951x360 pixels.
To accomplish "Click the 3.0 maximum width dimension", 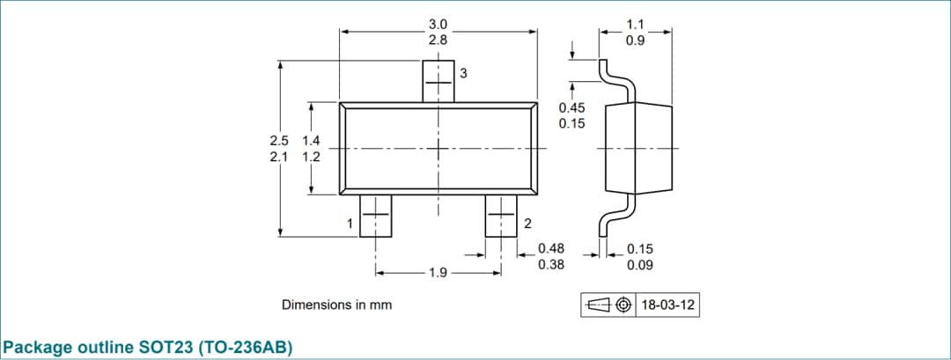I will (438, 24).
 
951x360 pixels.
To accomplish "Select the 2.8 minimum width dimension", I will (438, 40).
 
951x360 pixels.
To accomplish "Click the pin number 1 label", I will (350, 224).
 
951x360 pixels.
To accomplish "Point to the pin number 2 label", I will (527, 224).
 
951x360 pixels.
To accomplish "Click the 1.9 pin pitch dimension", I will (438, 273).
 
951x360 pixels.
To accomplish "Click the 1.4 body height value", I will (311, 141).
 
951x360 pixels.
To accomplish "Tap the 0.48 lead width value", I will (551, 248).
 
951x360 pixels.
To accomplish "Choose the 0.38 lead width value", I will (551, 264).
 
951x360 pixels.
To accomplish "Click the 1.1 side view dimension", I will (635, 24).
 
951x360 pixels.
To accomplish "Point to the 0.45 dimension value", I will (571, 107).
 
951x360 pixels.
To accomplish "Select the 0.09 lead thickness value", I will (639, 264).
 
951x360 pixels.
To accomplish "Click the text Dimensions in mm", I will (336, 305).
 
